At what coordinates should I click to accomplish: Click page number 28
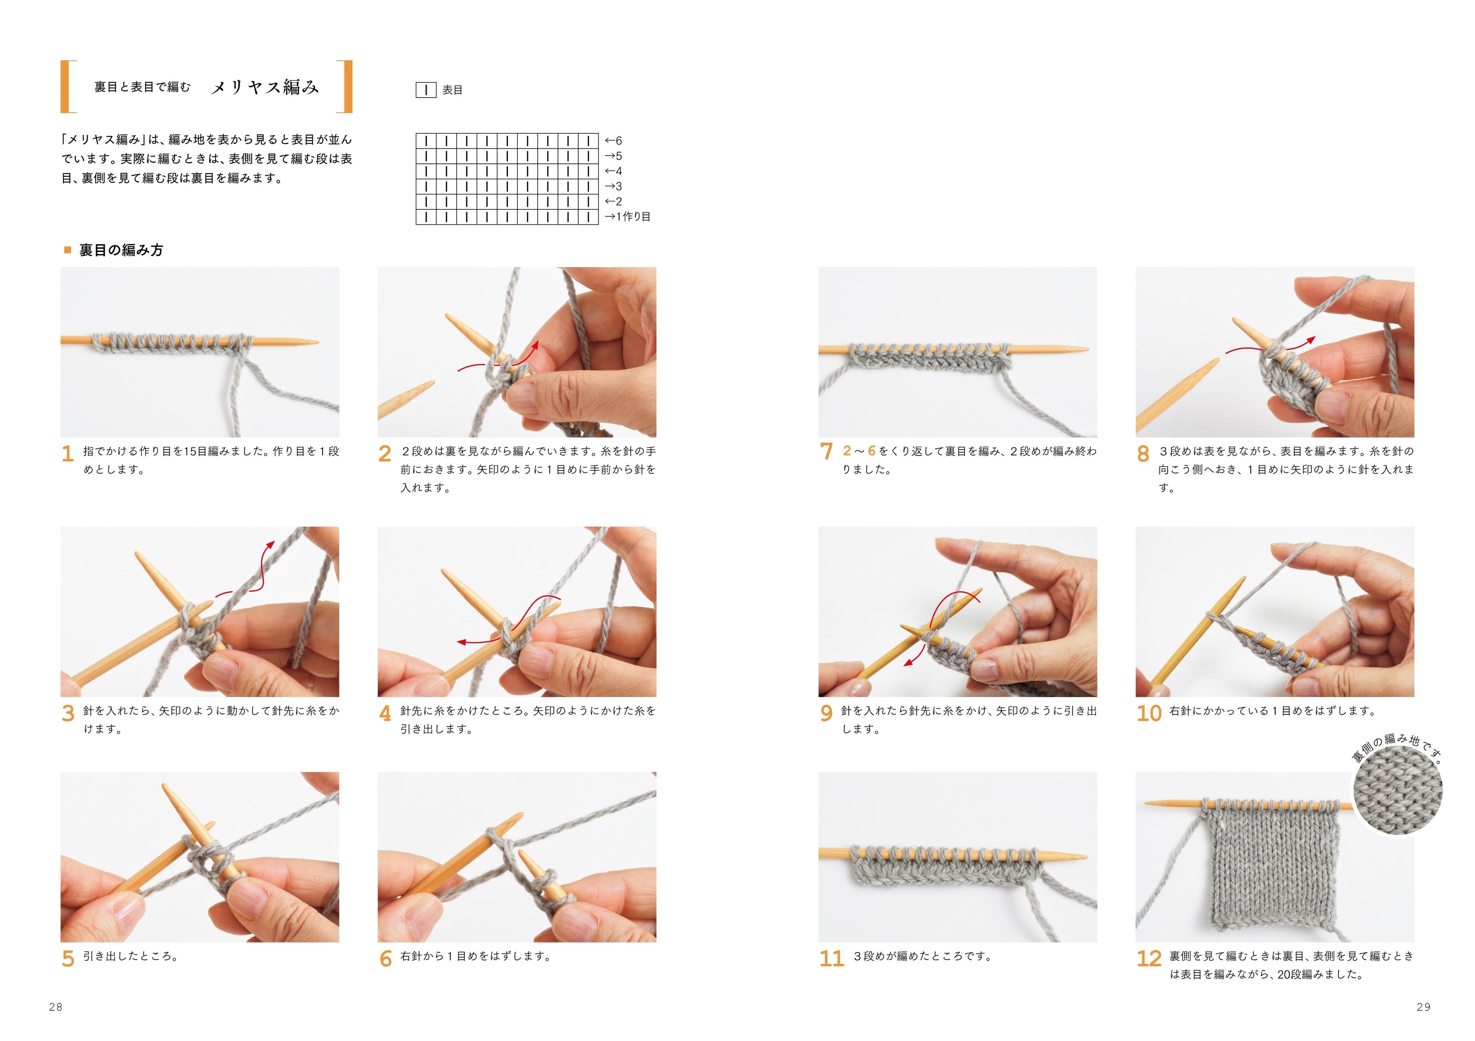(56, 1007)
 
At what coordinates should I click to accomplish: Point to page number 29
(1424, 1007)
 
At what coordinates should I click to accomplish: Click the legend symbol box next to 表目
(426, 90)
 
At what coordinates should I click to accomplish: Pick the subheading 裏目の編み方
(121, 250)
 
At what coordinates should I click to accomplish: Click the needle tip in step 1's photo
(317, 341)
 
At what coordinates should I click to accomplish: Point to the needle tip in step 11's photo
(1086, 857)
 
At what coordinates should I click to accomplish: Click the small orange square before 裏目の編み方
(67, 250)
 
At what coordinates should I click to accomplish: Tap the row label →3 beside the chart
(613, 186)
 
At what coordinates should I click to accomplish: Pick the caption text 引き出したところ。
(131, 956)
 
